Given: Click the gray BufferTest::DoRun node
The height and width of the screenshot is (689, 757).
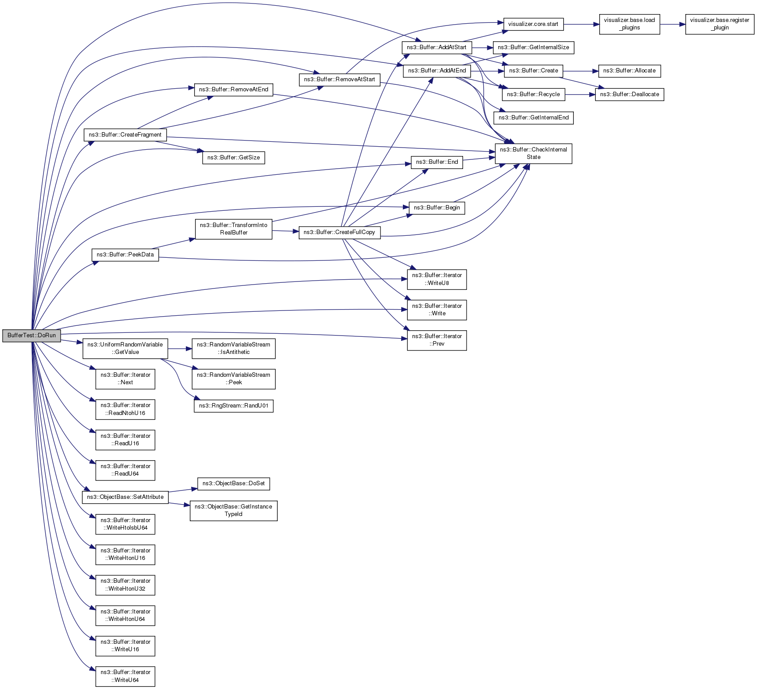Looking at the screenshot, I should [32, 335].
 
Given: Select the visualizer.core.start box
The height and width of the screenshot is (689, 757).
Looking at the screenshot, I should [533, 24].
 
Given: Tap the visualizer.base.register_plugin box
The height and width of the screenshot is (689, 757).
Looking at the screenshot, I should [719, 24].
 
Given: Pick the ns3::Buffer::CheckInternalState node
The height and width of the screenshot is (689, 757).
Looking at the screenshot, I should [533, 153].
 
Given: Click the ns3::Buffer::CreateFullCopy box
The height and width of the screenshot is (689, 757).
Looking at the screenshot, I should [339, 232].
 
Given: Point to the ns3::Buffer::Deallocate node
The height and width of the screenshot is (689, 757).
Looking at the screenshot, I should [629, 94].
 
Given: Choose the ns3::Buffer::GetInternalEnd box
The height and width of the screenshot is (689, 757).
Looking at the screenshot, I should [533, 118].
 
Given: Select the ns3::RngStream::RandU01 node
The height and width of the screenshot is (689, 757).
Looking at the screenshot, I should [233, 406].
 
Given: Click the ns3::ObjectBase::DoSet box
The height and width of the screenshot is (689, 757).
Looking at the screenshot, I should [233, 483].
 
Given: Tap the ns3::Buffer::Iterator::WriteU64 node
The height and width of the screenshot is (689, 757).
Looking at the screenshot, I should [125, 676].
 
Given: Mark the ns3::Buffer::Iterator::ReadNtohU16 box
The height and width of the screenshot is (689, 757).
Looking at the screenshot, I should [125, 409].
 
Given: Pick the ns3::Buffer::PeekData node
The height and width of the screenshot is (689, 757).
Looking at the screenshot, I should [125, 255].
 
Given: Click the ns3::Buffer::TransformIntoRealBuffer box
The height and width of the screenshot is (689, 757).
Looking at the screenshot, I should [233, 229].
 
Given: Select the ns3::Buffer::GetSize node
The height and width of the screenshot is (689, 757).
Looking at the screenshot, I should [233, 158].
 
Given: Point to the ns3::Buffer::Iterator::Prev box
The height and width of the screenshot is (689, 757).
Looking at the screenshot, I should [437, 340].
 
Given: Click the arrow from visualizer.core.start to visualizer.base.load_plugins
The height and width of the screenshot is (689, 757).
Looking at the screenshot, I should [581, 24].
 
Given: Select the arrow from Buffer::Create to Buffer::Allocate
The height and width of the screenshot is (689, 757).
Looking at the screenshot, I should [580, 71].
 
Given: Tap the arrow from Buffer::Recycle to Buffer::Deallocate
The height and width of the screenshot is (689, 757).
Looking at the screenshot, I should [580, 94].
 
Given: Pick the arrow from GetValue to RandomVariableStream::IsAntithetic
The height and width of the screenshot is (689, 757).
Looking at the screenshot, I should [180, 349].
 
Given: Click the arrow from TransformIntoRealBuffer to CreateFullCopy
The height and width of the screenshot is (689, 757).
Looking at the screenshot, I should [285, 231].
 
